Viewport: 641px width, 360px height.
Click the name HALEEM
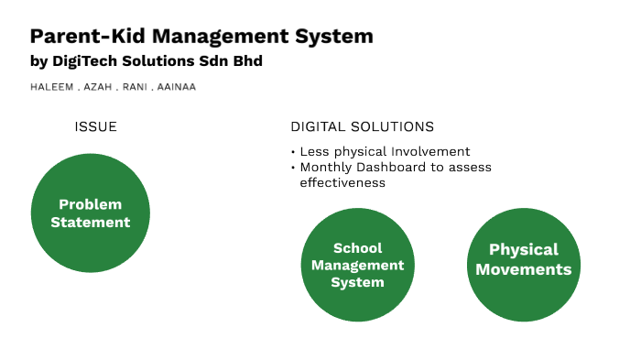[x=49, y=88]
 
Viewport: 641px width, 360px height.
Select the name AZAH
[x=97, y=88]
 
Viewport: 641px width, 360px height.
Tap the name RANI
[x=136, y=88]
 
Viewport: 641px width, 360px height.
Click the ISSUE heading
[x=96, y=126]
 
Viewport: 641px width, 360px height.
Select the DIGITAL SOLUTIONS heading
[x=363, y=126]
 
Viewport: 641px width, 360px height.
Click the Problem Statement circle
[x=90, y=213]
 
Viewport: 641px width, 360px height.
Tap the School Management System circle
[x=358, y=266]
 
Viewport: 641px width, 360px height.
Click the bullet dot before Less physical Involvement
[x=293, y=152]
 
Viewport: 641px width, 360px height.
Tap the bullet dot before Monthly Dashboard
[x=293, y=168]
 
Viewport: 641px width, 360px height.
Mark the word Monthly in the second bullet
[x=324, y=167]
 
